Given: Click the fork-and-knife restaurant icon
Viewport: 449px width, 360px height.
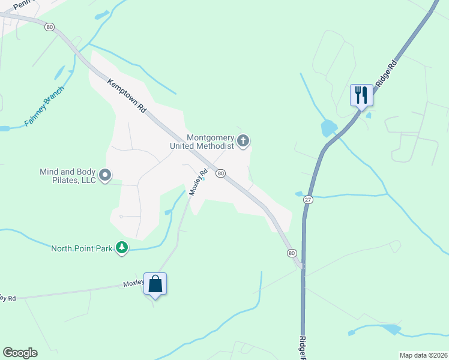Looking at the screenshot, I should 361,95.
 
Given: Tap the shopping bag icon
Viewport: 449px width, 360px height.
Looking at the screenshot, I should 155,284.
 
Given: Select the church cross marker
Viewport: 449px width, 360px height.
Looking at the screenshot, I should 243,141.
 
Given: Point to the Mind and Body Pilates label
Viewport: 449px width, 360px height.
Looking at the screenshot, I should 68,176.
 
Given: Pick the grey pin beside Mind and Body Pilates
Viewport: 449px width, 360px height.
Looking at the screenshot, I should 106,175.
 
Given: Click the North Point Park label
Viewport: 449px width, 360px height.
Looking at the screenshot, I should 82,248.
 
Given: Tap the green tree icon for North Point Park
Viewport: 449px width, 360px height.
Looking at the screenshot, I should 122,247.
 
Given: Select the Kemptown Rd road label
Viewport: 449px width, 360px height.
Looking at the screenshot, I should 127,96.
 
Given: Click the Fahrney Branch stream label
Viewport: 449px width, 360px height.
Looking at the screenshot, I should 44,106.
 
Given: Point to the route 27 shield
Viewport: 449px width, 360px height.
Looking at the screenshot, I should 309,200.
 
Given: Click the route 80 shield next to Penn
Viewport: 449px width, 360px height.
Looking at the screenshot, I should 49,26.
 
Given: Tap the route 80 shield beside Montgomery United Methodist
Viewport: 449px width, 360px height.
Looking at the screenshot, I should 221,173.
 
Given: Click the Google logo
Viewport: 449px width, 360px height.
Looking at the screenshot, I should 20,353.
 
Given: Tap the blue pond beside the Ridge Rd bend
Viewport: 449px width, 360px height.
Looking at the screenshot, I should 328,128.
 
